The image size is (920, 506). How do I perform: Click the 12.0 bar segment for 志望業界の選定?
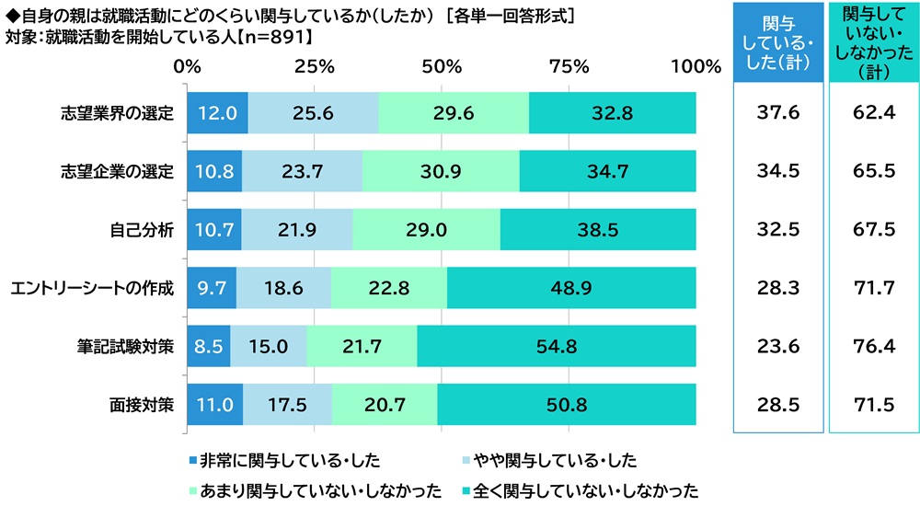(217, 113)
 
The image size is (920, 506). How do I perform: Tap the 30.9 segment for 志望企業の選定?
(441, 172)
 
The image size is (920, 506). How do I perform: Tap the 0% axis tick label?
(188, 66)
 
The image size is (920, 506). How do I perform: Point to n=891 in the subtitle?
(256, 37)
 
